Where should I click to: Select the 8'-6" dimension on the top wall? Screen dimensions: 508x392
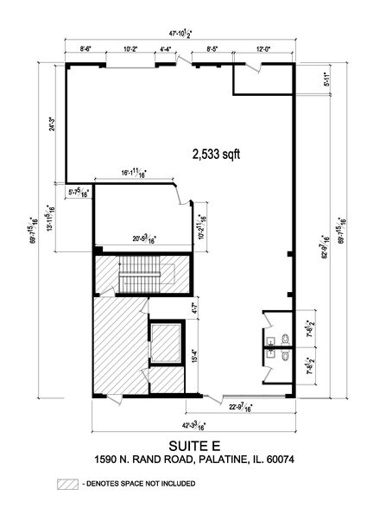click(85, 49)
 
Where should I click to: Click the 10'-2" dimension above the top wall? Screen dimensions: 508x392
click(131, 49)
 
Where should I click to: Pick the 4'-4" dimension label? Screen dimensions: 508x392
click(168, 49)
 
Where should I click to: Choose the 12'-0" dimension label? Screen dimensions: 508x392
click(263, 49)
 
